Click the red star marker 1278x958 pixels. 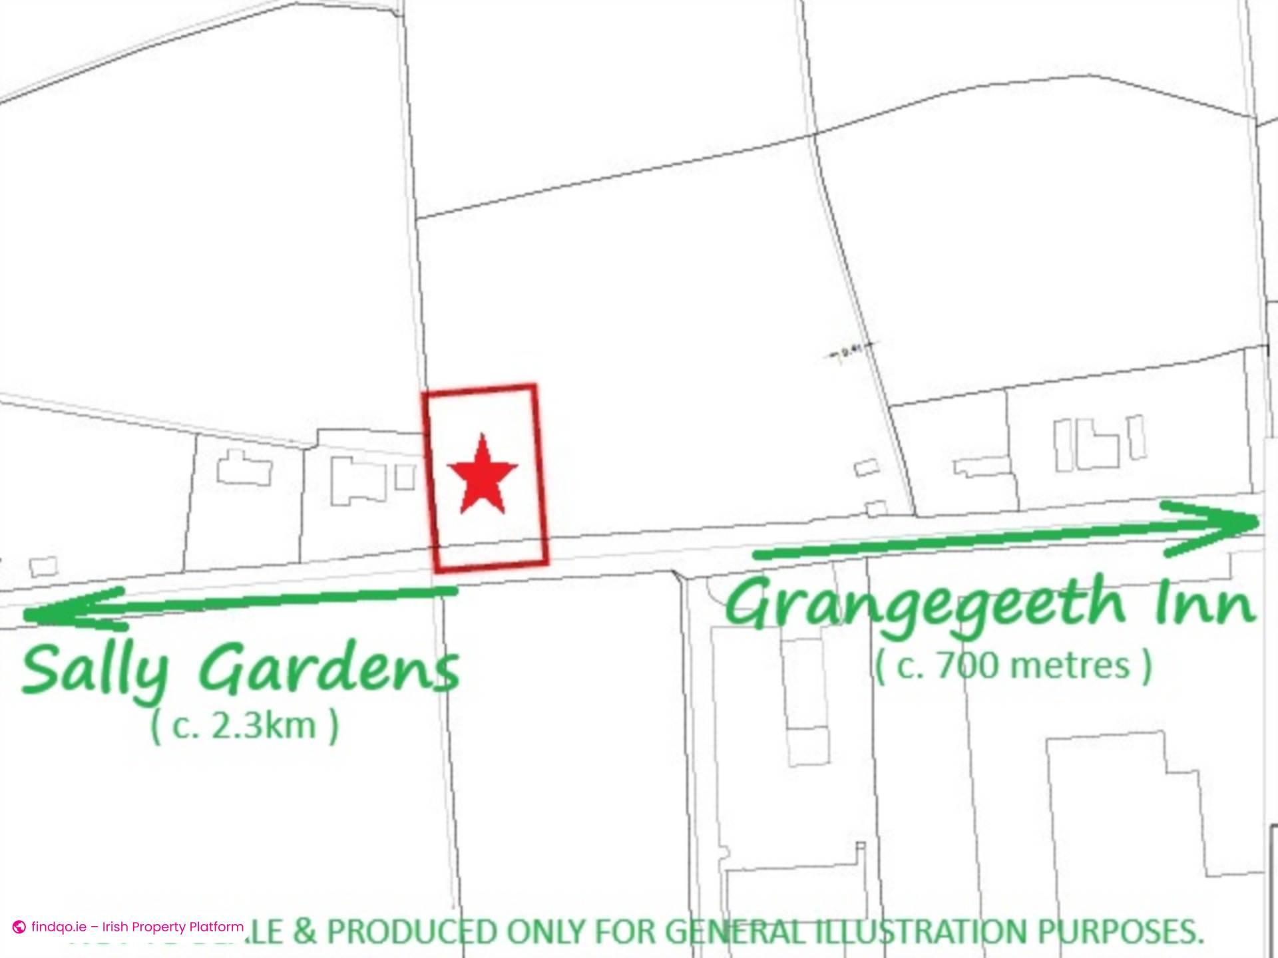483,475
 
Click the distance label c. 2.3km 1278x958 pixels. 244,725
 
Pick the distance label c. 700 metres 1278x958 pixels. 1012,665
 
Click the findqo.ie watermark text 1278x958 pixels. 137,927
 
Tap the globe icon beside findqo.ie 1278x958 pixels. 19,927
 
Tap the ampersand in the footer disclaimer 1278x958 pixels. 306,931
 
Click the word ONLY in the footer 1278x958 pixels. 538,931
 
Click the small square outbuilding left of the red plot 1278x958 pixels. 404,477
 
